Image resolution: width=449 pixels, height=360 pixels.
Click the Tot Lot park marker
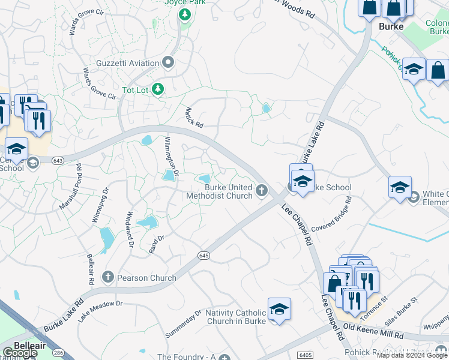coord(158,89)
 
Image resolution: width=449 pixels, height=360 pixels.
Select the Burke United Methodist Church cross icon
coord(261,191)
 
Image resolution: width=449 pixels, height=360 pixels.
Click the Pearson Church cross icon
coord(108,277)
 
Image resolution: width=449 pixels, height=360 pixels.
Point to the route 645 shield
coord(204,256)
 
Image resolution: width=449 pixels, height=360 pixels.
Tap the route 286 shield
coord(58,352)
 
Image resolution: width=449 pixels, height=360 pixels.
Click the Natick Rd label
coord(194,117)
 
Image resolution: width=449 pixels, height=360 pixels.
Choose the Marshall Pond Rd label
coord(70,186)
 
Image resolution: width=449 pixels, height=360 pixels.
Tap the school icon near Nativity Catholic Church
coord(279,309)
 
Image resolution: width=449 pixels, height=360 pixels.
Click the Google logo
coord(19,353)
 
